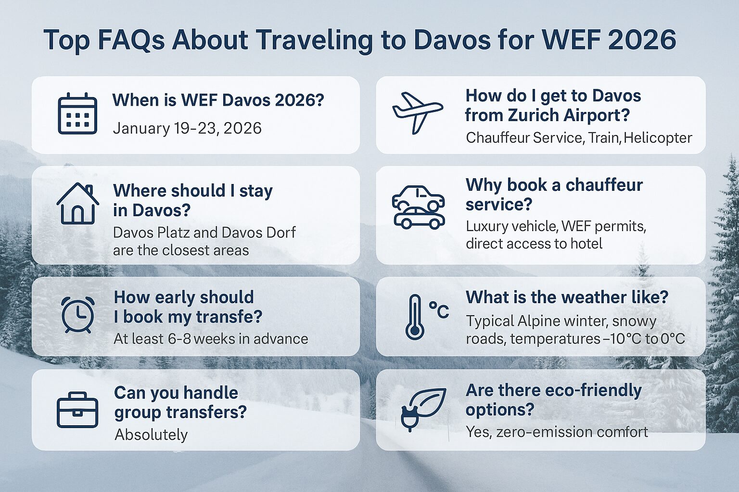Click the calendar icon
77,113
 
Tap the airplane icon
417,112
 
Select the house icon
77,204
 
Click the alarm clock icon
78,314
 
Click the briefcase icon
77,410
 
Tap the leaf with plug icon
419,410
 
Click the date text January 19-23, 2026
187,128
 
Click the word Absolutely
151,435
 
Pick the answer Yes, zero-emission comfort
557,432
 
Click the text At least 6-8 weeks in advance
211,339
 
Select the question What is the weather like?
567,297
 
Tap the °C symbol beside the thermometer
438,310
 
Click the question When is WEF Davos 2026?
218,100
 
